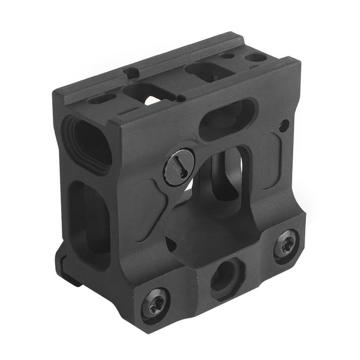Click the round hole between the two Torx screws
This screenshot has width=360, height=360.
(224, 274)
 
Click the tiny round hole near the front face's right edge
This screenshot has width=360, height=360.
(283, 125)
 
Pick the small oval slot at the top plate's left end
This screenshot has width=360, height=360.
(101, 98)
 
